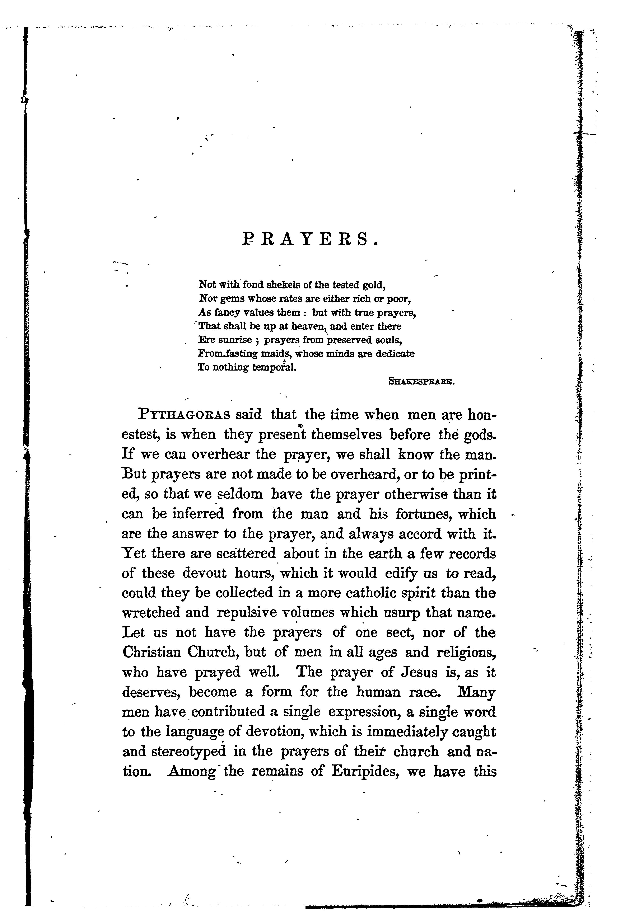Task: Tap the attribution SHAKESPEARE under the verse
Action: coord(421,382)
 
